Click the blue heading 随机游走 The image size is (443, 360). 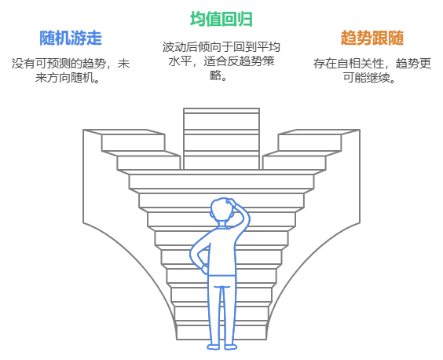coord(71,38)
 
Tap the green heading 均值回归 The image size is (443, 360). coord(222,19)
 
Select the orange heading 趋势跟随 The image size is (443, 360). coord(372,38)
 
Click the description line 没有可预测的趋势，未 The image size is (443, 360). coord(71,64)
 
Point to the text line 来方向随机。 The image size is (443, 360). coord(68,78)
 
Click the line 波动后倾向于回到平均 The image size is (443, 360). coord(222,47)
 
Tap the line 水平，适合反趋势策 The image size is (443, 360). coord(222,61)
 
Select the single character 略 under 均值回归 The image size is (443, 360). coord(216,75)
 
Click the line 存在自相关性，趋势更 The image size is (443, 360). coord(372,64)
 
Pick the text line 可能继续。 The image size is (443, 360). coord(369,78)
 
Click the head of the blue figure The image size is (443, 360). coord(222,211)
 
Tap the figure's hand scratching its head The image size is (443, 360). coord(231,202)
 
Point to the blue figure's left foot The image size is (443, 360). coord(214,347)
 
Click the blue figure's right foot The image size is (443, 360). coord(231,347)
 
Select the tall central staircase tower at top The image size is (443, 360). coord(222,138)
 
